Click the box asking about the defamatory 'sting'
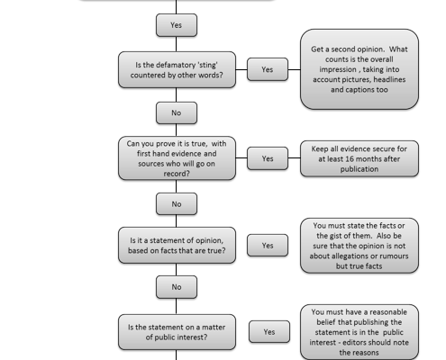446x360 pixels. click(177, 69)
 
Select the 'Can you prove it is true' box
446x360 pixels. click(177, 158)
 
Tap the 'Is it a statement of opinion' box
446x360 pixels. click(177, 246)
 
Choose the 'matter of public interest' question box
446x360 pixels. click(177, 332)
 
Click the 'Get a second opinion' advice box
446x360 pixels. click(360, 69)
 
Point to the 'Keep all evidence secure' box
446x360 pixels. click(360, 158)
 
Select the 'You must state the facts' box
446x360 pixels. click(360, 246)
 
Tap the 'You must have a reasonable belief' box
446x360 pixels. click(360, 332)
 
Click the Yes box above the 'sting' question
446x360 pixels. click(177, 25)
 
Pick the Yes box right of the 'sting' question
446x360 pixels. click(268, 69)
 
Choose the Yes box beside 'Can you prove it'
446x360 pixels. click(268, 158)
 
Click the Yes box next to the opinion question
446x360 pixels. click(268, 246)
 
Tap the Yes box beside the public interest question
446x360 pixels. click(269, 332)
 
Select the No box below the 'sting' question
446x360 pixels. click(177, 112)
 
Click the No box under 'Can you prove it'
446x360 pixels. click(177, 204)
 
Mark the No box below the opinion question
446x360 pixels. click(177, 287)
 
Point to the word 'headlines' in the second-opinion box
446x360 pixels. click(389, 79)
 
